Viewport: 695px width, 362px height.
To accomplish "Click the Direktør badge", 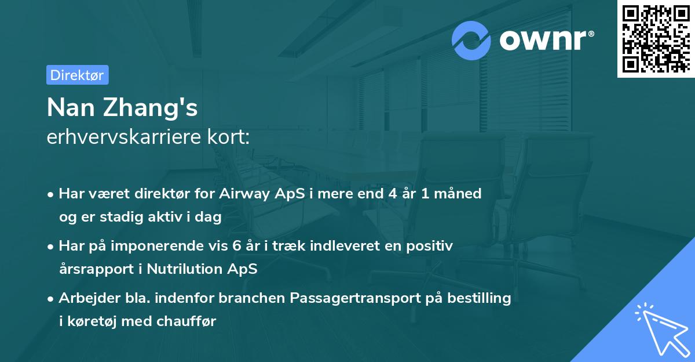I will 77,75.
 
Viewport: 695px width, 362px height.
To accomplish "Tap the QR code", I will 656,38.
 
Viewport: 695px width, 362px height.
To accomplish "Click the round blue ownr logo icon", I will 471,41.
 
